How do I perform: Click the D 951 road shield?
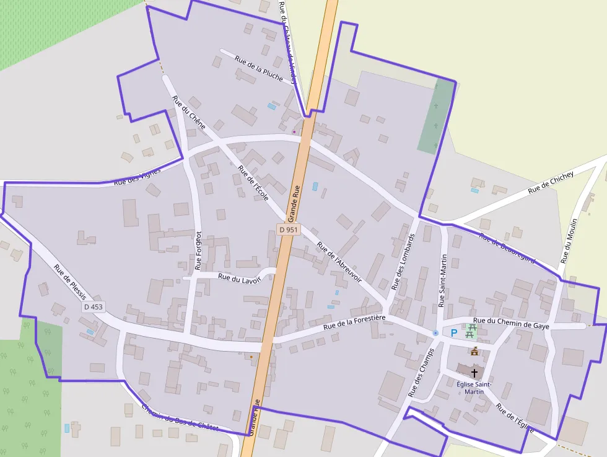pyautogui.click(x=289, y=229)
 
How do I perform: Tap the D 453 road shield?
pyautogui.click(x=94, y=307)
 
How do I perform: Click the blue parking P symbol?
pyautogui.click(x=453, y=333)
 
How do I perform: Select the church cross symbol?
pyautogui.click(x=474, y=373)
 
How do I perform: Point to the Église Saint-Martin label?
pyautogui.click(x=474, y=388)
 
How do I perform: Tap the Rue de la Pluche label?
pyautogui.click(x=259, y=68)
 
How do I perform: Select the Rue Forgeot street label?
pyautogui.click(x=198, y=251)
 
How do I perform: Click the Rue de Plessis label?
pyautogui.click(x=71, y=282)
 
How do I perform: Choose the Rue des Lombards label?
pyautogui.click(x=404, y=262)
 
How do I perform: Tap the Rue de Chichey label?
pyautogui.click(x=551, y=182)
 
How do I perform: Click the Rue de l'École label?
pyautogui.click(x=253, y=184)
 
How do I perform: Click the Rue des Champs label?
pyautogui.click(x=421, y=372)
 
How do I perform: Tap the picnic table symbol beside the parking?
pyautogui.click(x=471, y=331)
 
